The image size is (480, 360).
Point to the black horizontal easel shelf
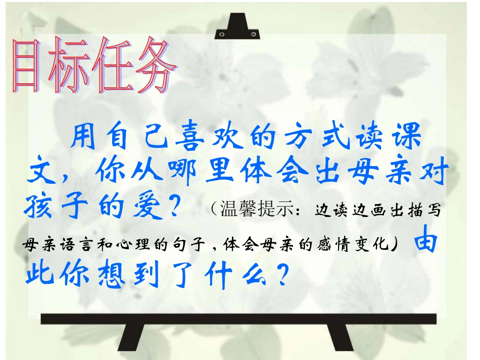coord(237,319)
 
